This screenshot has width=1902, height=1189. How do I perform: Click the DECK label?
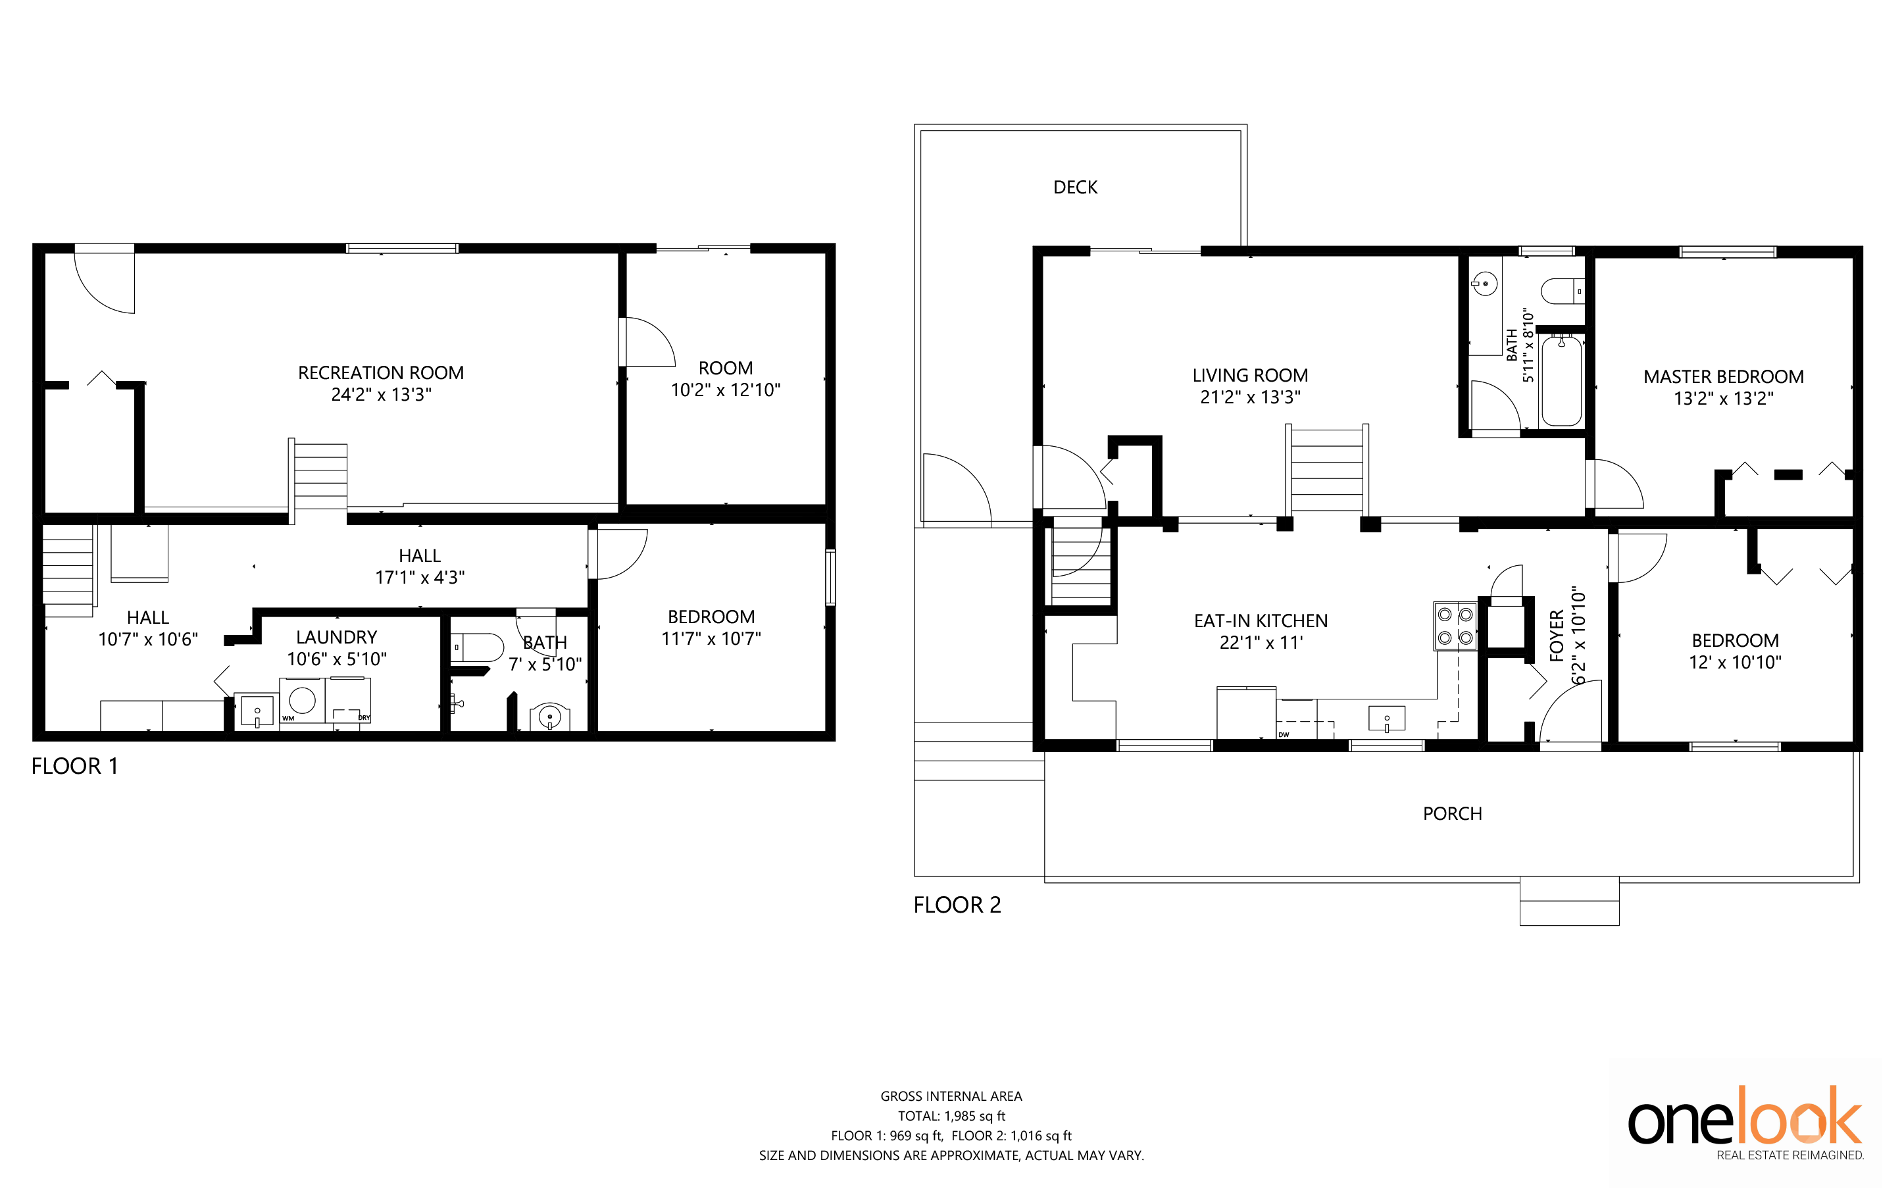pos(1075,187)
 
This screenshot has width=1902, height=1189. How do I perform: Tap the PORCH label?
pos(1452,814)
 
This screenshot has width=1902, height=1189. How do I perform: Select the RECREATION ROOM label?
pos(380,372)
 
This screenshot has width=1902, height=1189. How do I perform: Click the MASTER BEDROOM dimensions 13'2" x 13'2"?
pos(1724,399)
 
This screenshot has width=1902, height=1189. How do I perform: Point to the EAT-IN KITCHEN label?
pos(1261,621)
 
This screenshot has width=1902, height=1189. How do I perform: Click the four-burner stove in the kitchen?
pos(1455,626)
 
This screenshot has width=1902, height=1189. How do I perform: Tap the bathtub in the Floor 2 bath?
pos(1562,380)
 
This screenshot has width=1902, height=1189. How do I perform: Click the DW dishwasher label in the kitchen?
pos(1283,734)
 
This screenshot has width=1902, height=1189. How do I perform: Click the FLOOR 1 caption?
pos(75,766)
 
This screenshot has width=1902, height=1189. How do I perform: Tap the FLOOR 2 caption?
pos(957,905)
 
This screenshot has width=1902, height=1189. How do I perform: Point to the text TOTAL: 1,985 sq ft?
pos(951,1116)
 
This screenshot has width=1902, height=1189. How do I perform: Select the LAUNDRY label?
pos(337,637)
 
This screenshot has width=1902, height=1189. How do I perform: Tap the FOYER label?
pos(1556,636)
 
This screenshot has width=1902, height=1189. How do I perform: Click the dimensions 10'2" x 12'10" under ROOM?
pos(725,390)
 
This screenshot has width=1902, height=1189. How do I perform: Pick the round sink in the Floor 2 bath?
pos(1484,284)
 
